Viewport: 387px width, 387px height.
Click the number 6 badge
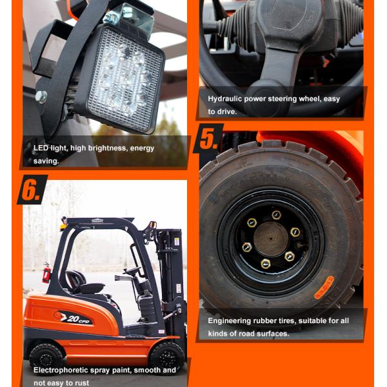pyautogui.click(x=31, y=189)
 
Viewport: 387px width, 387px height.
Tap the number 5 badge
pyautogui.click(x=208, y=139)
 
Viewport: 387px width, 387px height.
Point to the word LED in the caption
pyautogui.click(x=41, y=148)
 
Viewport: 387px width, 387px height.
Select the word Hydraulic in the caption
pyautogui.click(x=225, y=99)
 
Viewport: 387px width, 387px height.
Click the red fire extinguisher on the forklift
pyautogui.click(x=46, y=273)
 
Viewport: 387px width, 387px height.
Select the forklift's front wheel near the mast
pyautogui.click(x=167, y=356)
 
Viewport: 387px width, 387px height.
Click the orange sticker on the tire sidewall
pyautogui.click(x=324, y=288)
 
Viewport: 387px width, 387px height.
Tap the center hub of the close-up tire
pyautogui.click(x=272, y=239)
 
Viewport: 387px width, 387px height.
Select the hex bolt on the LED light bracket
pyautogui.click(x=41, y=97)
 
